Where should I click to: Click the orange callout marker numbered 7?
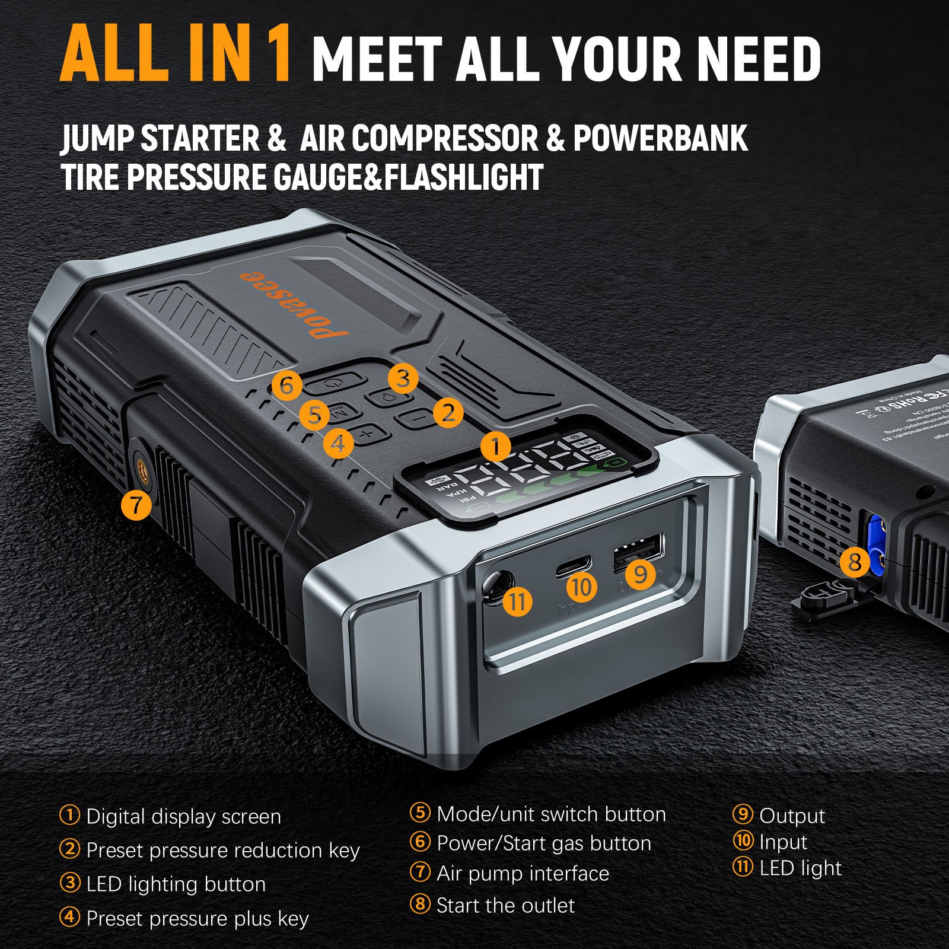tap(136, 505)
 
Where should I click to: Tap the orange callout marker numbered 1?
tap(496, 446)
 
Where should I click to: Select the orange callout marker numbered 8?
tap(855, 561)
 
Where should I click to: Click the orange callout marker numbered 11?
tap(517, 601)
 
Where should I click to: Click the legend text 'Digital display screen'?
tap(183, 817)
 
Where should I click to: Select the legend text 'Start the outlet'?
tap(505, 906)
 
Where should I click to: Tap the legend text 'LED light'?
tap(800, 868)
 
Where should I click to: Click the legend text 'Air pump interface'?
tap(523, 874)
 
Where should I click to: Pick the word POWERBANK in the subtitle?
tap(660, 139)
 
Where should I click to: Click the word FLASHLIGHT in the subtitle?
tap(463, 177)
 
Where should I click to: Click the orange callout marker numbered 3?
tap(403, 378)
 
